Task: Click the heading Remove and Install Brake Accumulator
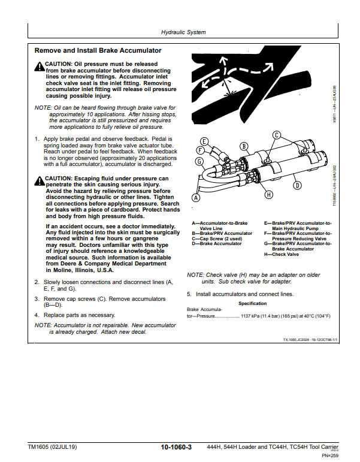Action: (x=98, y=51)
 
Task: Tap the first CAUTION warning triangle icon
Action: (x=40, y=64)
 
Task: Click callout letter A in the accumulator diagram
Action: (x=195, y=197)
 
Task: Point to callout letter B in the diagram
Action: (x=244, y=146)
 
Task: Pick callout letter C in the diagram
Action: (x=277, y=135)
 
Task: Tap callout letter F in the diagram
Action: (x=200, y=150)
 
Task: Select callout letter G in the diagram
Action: (x=199, y=161)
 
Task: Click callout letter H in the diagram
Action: (x=268, y=194)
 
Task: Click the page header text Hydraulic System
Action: (x=184, y=32)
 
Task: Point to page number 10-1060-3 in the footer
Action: (x=176, y=447)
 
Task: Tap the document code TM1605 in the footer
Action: (x=40, y=447)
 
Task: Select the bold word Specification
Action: (x=252, y=304)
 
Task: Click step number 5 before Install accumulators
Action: (x=189, y=294)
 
